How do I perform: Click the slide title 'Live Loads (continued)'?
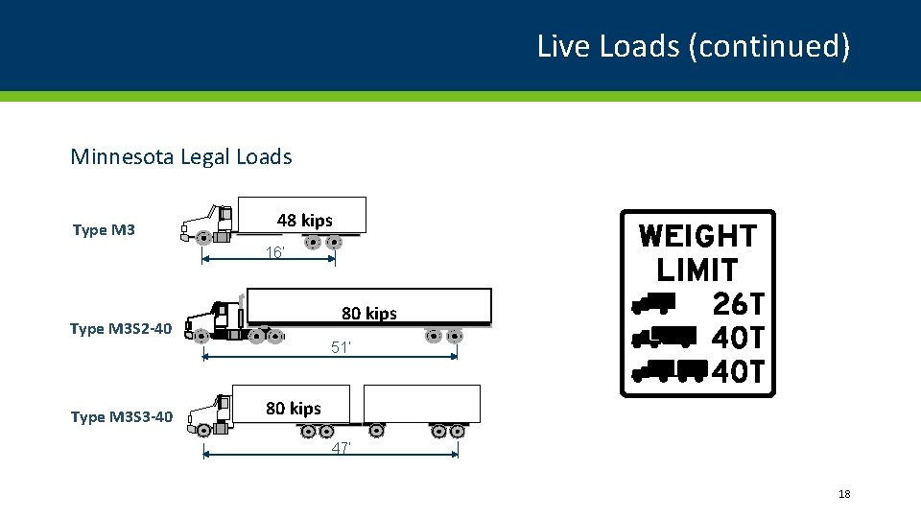pyautogui.click(x=693, y=46)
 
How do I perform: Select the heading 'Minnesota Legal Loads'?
pyautogui.click(x=181, y=156)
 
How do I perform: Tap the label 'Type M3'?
pyautogui.click(x=104, y=229)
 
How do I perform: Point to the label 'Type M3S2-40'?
pyautogui.click(x=121, y=329)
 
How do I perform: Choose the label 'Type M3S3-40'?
pyautogui.click(x=121, y=416)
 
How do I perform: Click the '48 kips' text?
pyautogui.click(x=305, y=221)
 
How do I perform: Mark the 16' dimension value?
pyautogui.click(x=275, y=253)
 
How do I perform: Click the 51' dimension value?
pyautogui.click(x=342, y=348)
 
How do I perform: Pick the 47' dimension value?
pyautogui.click(x=342, y=449)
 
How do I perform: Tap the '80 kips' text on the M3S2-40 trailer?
pyautogui.click(x=369, y=314)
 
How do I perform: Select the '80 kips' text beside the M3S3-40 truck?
pyautogui.click(x=294, y=409)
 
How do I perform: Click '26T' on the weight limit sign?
pyautogui.click(x=739, y=304)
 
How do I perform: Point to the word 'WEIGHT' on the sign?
pyautogui.click(x=697, y=236)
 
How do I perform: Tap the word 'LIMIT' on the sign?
pyautogui.click(x=697, y=270)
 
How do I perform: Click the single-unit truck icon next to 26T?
pyautogui.click(x=653, y=304)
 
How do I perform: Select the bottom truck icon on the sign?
pyautogui.click(x=670, y=370)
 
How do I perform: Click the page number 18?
pyautogui.click(x=844, y=494)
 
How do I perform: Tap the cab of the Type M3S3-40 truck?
pyautogui.click(x=213, y=414)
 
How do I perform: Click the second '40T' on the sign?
pyautogui.click(x=739, y=370)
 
